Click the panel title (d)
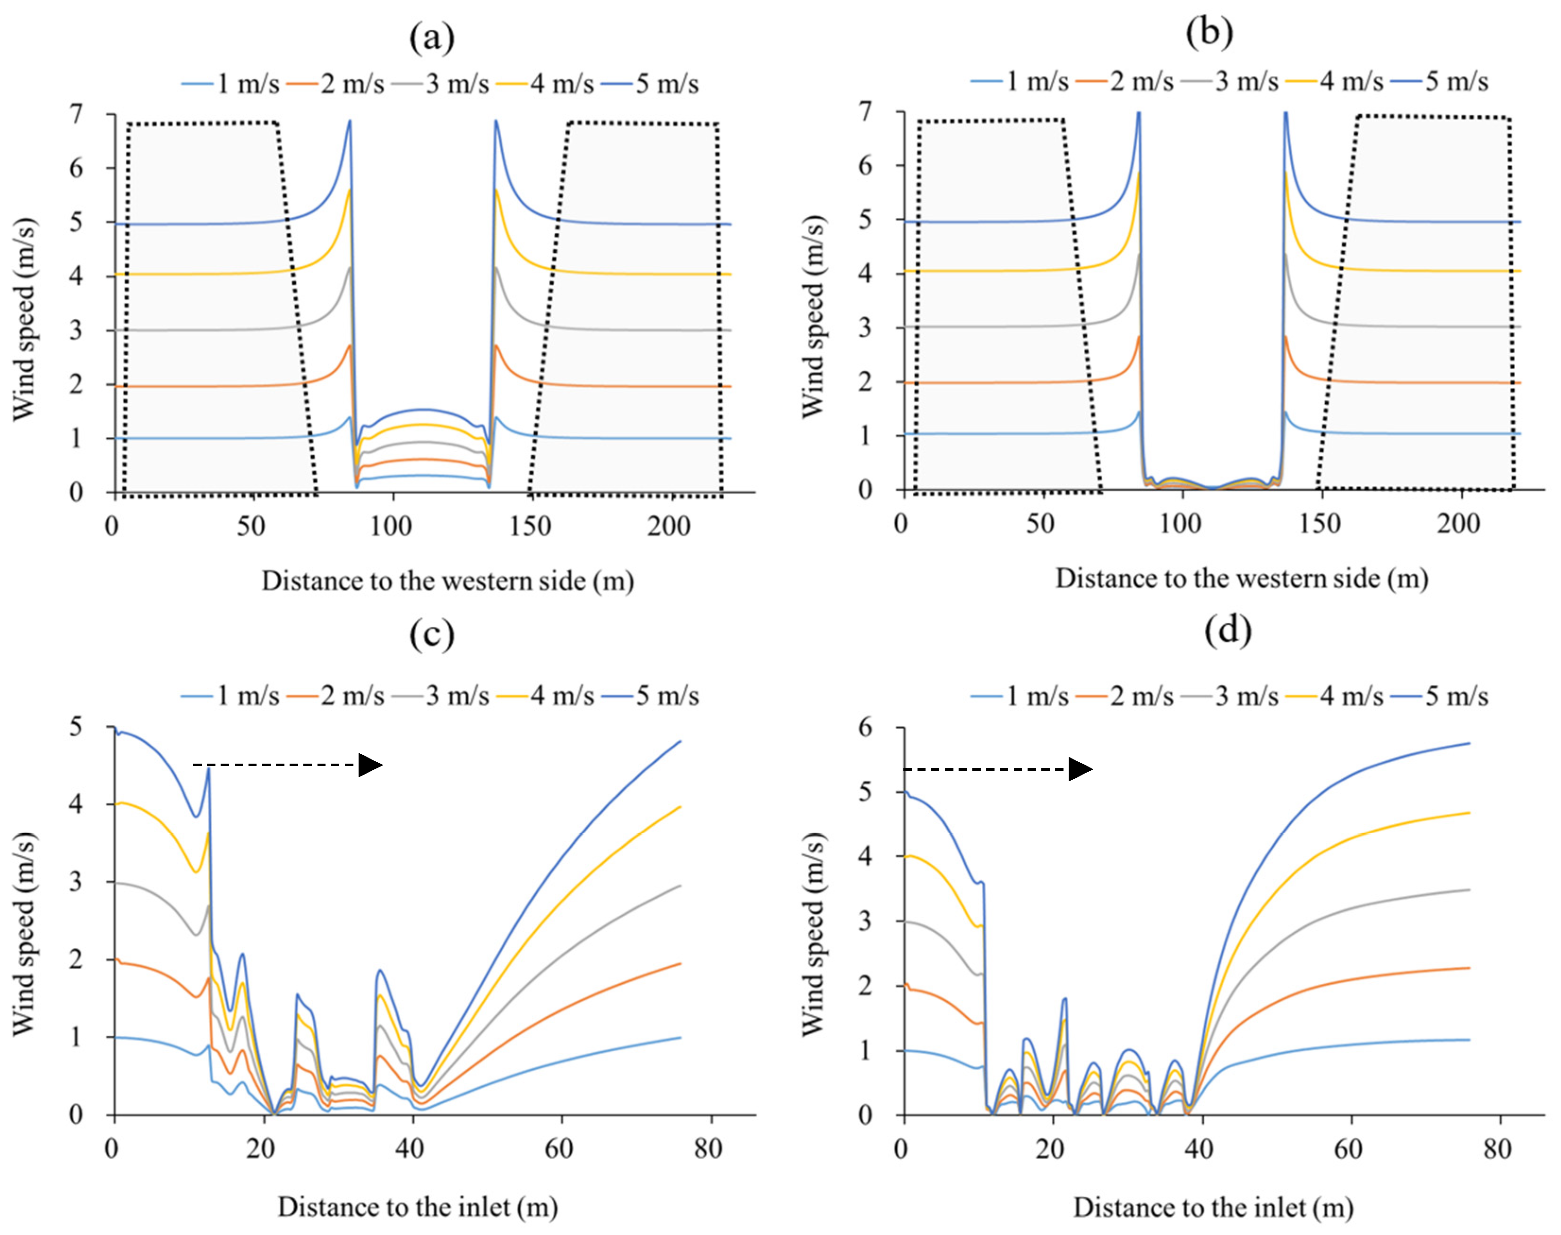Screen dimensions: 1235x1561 click(x=1227, y=630)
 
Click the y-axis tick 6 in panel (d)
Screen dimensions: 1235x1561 click(x=865, y=727)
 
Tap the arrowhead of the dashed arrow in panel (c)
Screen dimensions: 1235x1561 click(x=370, y=765)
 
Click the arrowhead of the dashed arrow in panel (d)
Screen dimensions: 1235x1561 click(x=1081, y=769)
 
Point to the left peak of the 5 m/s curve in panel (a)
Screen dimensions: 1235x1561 click(x=350, y=121)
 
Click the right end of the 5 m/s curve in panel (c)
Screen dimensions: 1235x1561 click(x=680, y=741)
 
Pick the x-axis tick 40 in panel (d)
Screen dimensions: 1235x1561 click(x=1199, y=1148)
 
